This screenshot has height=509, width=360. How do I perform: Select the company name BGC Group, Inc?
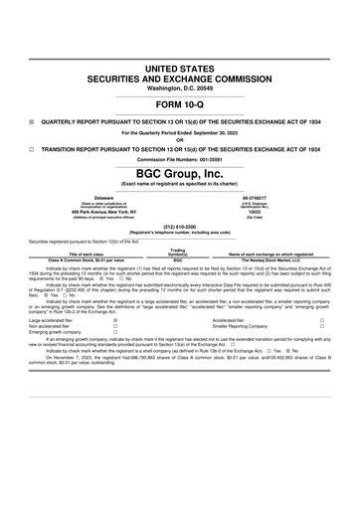point(180,173)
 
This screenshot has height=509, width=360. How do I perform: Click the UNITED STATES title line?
point(180,67)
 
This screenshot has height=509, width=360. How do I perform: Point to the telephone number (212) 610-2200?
point(180,226)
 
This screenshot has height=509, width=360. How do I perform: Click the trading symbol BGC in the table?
point(178,259)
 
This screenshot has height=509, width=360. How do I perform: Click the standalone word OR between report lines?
point(180,139)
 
